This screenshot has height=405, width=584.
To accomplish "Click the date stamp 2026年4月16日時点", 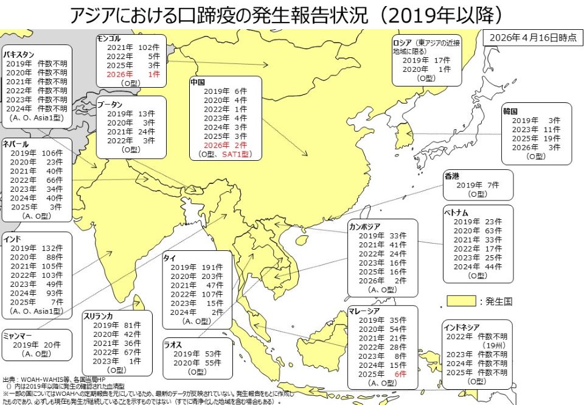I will coord(532,37).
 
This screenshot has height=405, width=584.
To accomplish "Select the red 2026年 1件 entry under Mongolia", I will coord(133,74).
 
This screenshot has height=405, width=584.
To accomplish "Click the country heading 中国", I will coord(198,82).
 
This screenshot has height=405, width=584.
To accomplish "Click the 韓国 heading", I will coord(510,112).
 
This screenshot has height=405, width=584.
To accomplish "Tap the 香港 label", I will coord(452,176).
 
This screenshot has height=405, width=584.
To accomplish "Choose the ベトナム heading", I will coord(457,213).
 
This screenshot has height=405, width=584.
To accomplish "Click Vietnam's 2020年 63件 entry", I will coord(477,231).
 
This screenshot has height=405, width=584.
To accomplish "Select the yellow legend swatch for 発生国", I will coord(461,301).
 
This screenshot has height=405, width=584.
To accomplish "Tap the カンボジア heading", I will coord(365,227).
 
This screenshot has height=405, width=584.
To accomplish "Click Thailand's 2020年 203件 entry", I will coord(192,276).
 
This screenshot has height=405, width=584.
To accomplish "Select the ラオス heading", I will coord(173,345).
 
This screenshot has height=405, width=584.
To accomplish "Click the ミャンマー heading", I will coord(16,336).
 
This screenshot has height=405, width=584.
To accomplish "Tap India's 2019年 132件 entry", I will coord(36,248).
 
